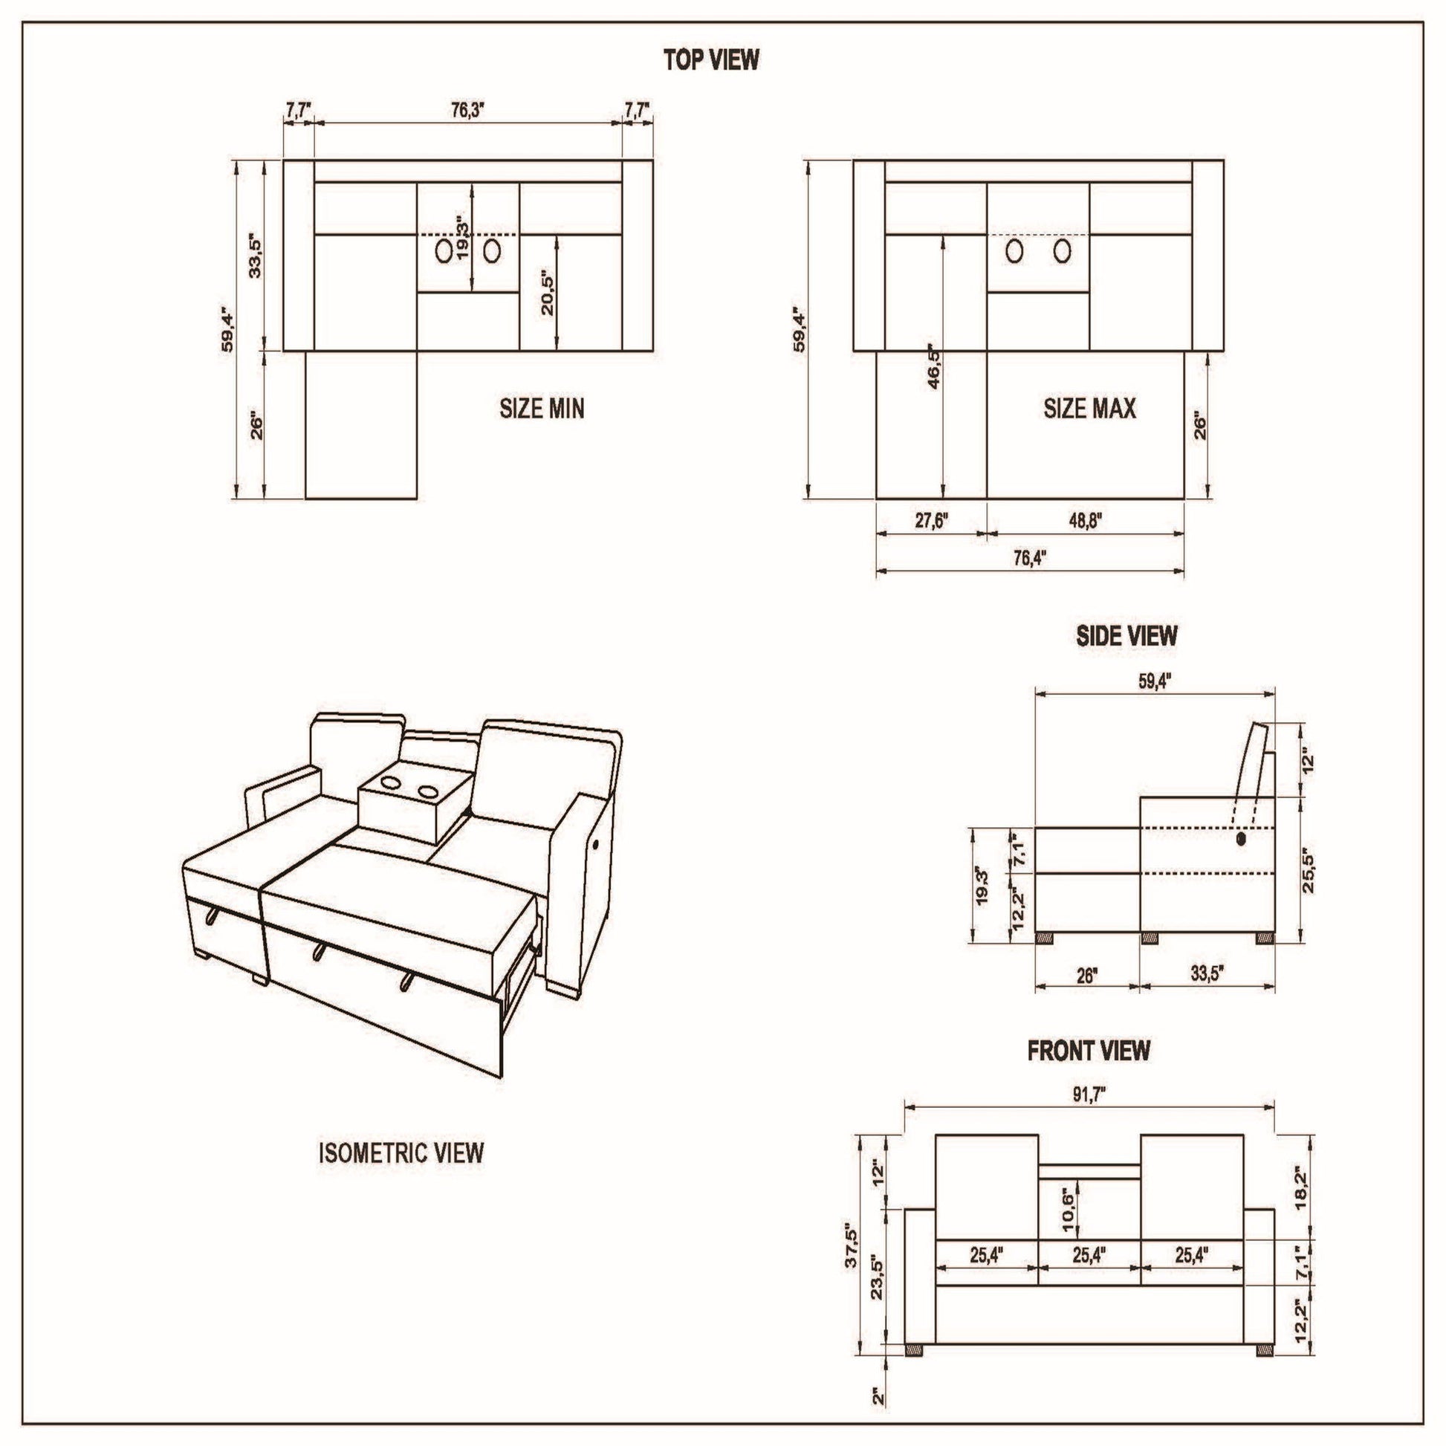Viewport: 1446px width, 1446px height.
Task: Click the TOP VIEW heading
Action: click(x=711, y=61)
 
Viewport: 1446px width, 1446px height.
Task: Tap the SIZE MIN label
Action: click(x=542, y=408)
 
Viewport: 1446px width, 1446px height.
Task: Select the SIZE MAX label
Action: click(x=1090, y=408)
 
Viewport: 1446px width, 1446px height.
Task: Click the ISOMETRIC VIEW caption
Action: click(x=401, y=1153)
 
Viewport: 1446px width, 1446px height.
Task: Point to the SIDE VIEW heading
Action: click(x=1126, y=636)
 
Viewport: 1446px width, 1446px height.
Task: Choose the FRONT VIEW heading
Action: click(x=1089, y=1051)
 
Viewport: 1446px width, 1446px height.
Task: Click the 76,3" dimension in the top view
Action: click(x=469, y=110)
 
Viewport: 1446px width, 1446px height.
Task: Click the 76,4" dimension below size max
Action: click(x=1030, y=558)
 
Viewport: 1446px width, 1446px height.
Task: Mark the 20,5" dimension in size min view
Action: click(x=548, y=293)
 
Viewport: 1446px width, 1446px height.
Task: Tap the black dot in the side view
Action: click(x=1242, y=839)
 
